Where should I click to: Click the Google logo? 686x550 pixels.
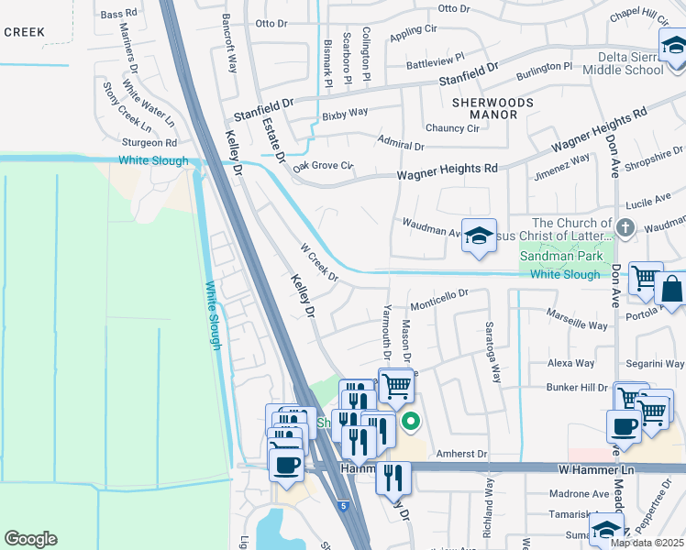31,539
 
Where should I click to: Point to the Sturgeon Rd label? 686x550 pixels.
149,143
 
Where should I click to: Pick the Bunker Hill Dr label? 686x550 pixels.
577,388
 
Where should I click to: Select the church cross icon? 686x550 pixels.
625,227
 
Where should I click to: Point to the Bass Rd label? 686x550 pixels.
117,15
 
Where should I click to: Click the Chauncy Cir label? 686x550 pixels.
451,128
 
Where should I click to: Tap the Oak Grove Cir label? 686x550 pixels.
323,166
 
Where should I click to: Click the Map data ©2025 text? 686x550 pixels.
646,543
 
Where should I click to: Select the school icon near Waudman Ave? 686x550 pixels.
479,236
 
